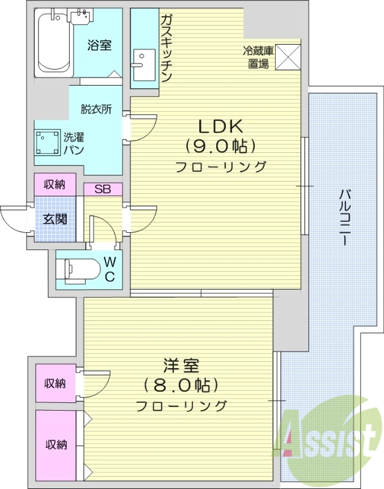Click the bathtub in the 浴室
click(x=53, y=43)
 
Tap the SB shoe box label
click(x=102, y=189)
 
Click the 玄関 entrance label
click(x=55, y=218)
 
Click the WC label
click(x=110, y=269)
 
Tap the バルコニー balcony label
click(x=345, y=218)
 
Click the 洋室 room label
click(x=181, y=367)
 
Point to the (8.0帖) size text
click(x=181, y=385)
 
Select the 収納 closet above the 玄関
click(x=55, y=183)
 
